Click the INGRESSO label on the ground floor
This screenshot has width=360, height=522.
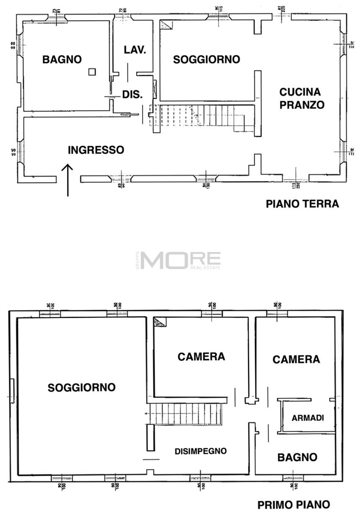click(x=96, y=150)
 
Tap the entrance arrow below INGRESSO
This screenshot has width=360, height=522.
click(x=67, y=180)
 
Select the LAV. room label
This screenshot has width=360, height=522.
click(x=135, y=50)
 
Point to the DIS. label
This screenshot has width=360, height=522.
click(x=132, y=95)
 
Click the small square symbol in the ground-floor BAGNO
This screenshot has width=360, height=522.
click(x=92, y=72)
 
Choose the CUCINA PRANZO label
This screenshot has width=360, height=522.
click(x=302, y=98)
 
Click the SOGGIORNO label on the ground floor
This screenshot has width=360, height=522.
click(x=206, y=60)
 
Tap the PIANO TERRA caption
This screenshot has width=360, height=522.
click(x=302, y=204)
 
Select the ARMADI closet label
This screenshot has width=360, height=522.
click(x=308, y=418)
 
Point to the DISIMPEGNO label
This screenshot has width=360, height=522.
click(x=201, y=451)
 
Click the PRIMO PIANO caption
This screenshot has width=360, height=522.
click(x=294, y=505)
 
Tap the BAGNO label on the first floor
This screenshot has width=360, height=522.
click(x=297, y=457)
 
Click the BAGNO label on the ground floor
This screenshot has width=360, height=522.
click(x=62, y=60)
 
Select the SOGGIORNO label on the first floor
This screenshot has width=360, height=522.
click(x=81, y=387)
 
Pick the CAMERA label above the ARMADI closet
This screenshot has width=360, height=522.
click(x=296, y=360)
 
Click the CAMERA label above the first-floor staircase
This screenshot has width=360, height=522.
click(x=201, y=357)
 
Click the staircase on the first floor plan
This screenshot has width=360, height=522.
click(x=186, y=413)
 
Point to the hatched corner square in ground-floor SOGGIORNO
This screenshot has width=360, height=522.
click(x=166, y=25)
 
